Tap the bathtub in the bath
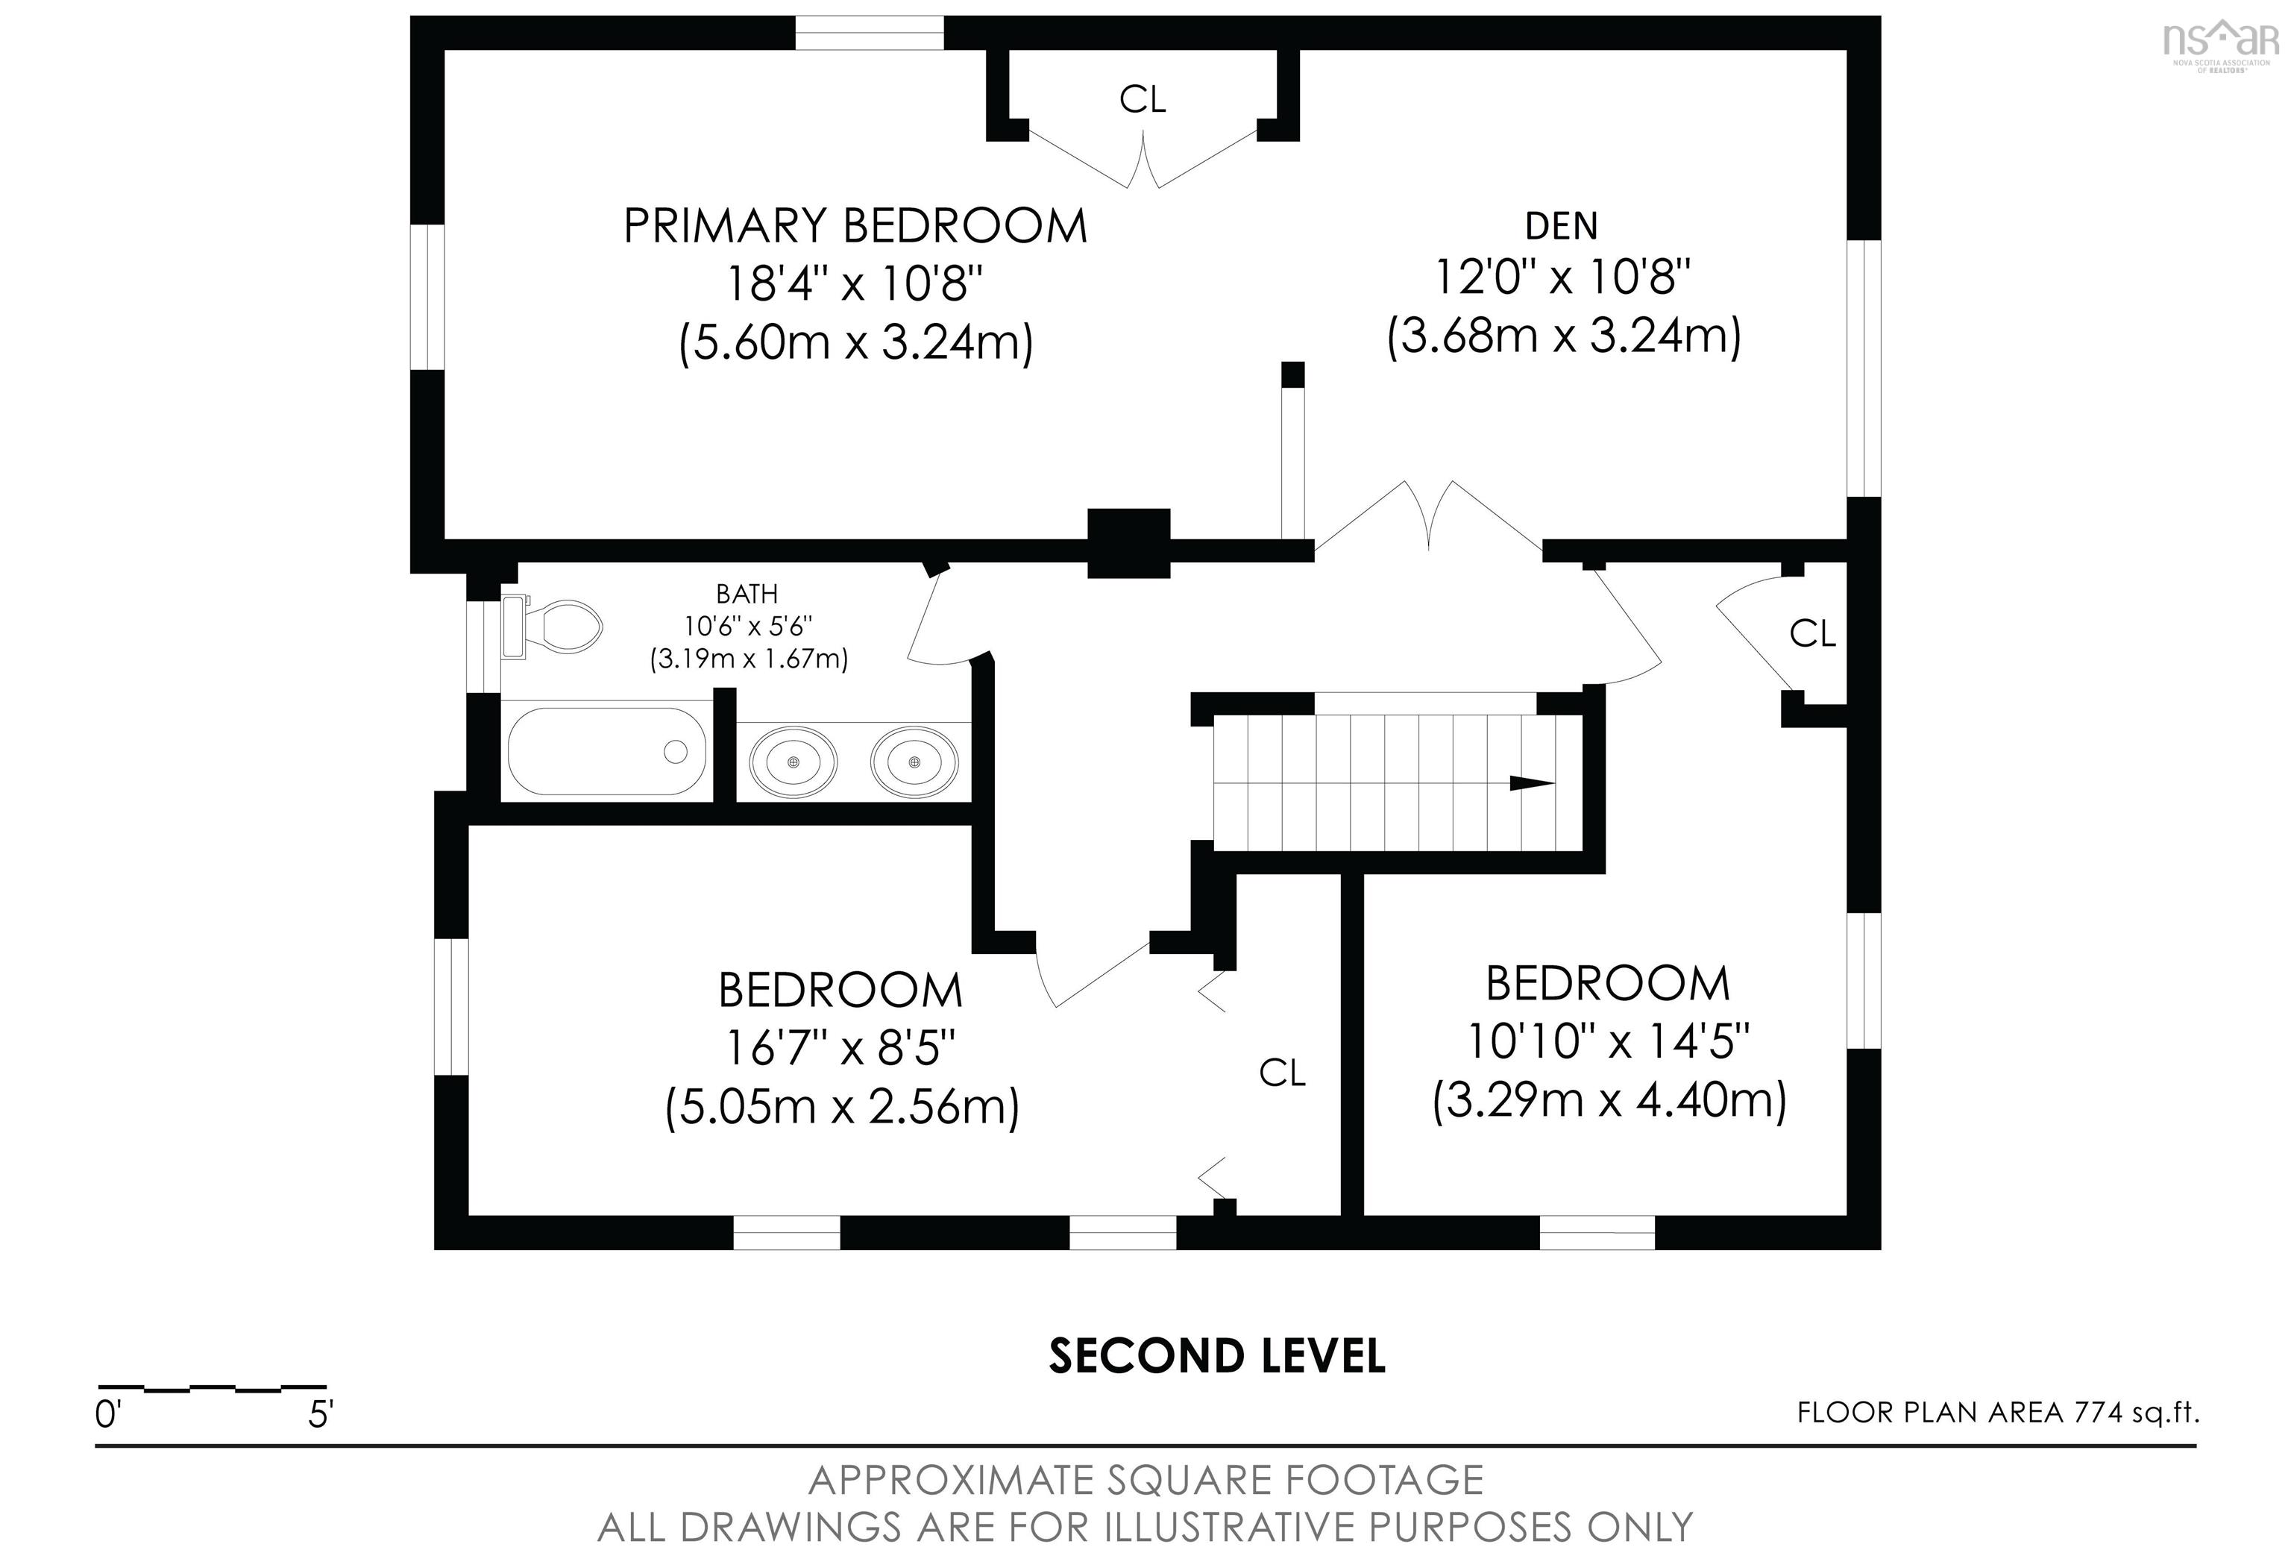pos(606,751)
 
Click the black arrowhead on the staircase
pos(1532,784)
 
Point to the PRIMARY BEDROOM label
pos(855,226)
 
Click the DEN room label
pos(1562,226)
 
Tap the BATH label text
pos(747,594)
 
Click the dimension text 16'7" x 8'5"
pos(841,1048)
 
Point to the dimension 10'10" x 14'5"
pos(1609,1041)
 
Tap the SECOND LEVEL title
pos(1216,1356)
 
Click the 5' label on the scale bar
pos(321,1416)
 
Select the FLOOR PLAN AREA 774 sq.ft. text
pos(1998,1413)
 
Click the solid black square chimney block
pos(1129,543)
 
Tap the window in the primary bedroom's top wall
pos(870,33)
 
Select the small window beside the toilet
pos(484,647)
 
